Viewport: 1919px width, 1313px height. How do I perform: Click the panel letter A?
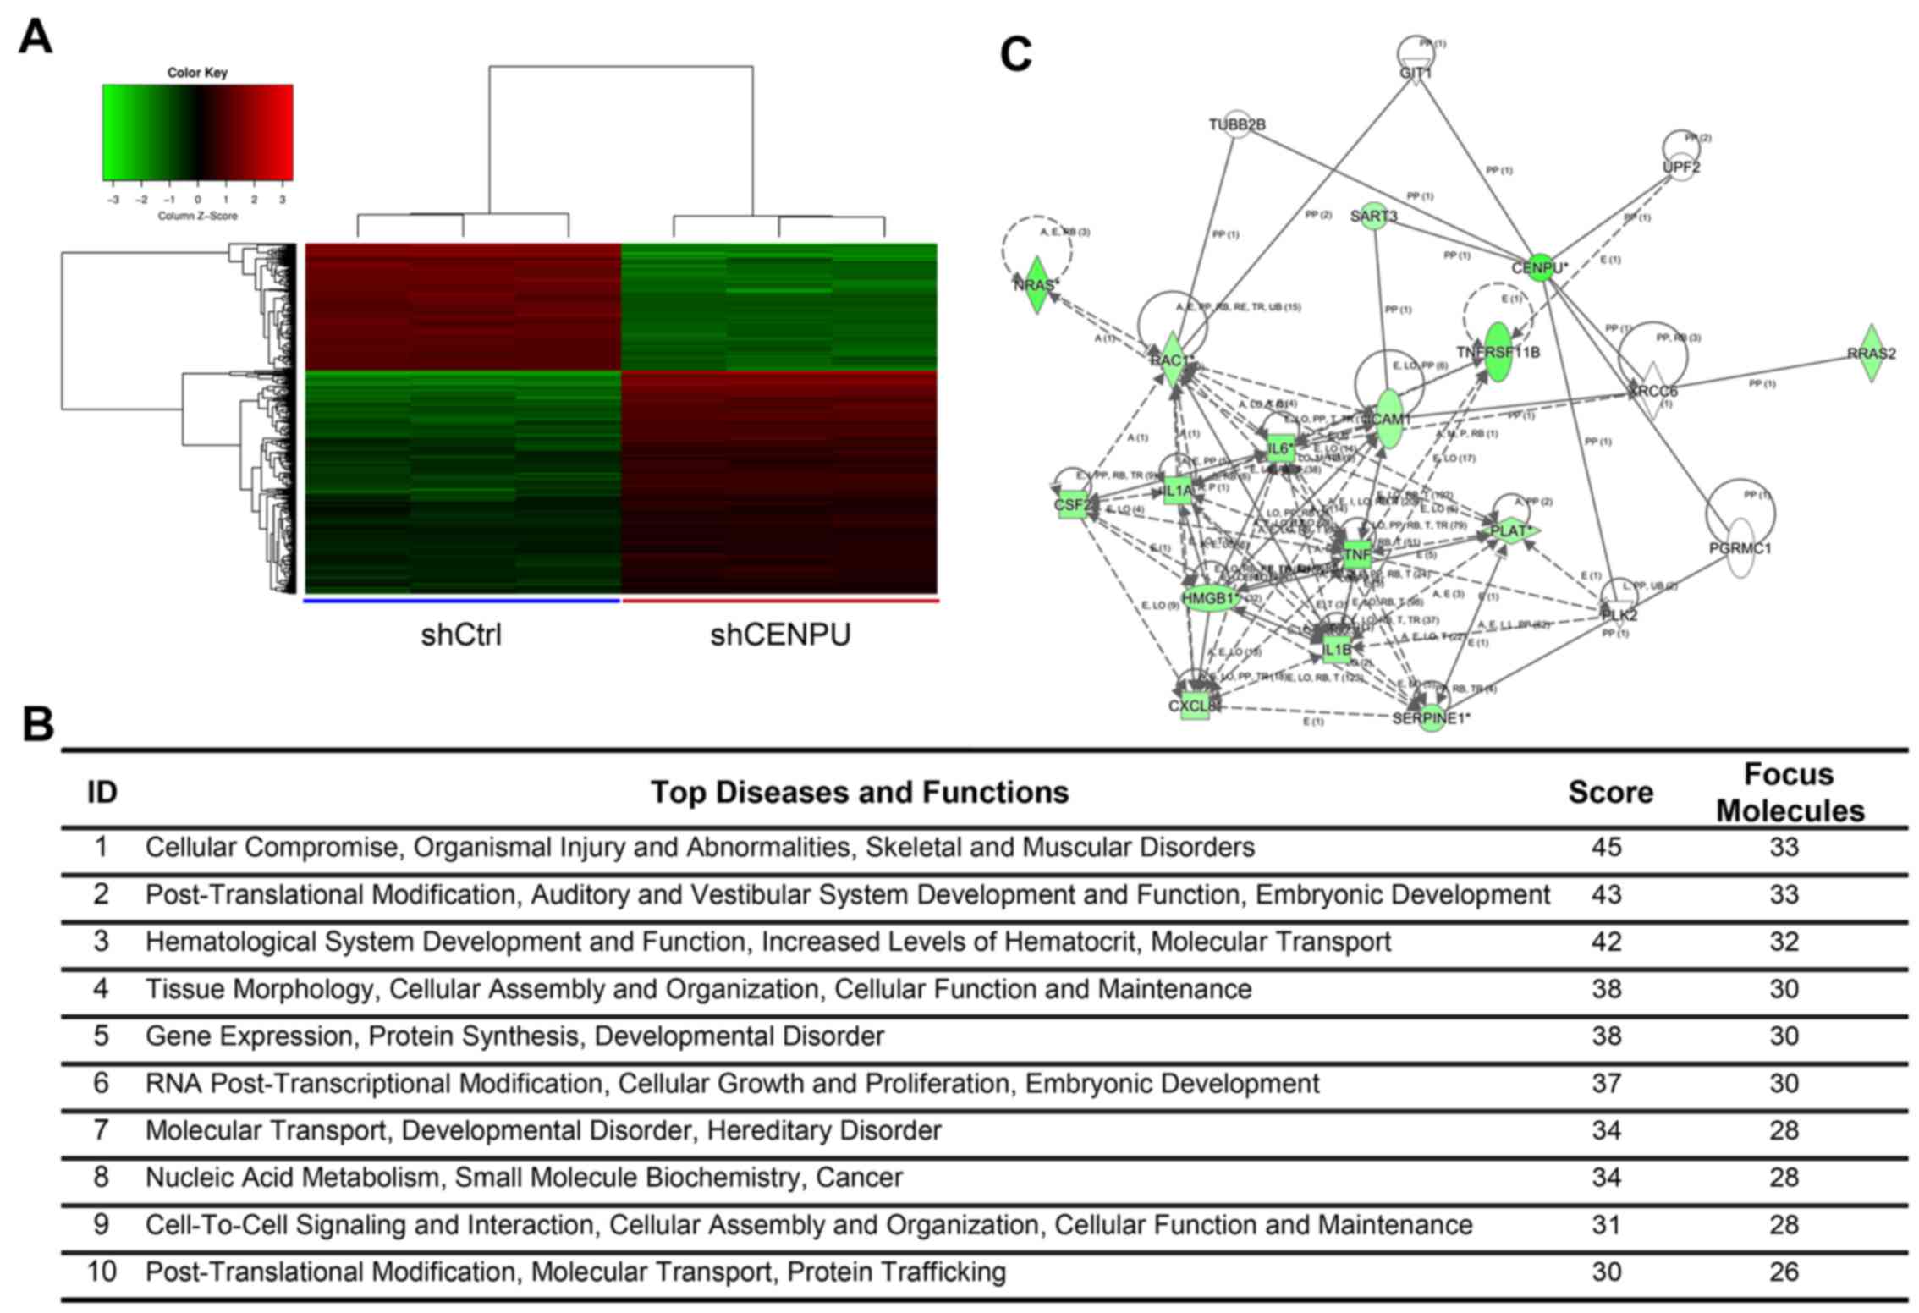[x=35, y=38]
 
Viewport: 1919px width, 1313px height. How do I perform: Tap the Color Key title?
[x=197, y=73]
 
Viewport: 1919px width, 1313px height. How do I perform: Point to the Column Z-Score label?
[x=197, y=217]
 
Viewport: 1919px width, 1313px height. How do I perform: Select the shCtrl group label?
[x=461, y=635]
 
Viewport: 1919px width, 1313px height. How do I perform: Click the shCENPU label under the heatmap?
[x=780, y=635]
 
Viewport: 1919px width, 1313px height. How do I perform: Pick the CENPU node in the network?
[x=1540, y=268]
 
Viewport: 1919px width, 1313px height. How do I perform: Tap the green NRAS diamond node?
[x=1036, y=285]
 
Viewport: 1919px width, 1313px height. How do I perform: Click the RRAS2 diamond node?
[x=1872, y=353]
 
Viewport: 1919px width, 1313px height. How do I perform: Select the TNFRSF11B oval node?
[x=1498, y=351]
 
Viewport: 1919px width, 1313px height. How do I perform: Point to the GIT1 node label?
[x=1416, y=74]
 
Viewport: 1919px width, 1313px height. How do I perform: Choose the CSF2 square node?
[x=1071, y=506]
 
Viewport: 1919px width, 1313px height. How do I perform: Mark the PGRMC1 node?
[x=1740, y=548]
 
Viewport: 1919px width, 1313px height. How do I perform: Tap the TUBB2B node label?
[x=1237, y=125]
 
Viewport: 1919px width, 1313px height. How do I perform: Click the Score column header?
[x=1610, y=793]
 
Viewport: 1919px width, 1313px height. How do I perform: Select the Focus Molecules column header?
[x=1790, y=793]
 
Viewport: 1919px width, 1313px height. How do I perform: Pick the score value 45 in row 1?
[x=1606, y=848]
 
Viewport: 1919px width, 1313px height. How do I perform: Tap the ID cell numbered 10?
[x=102, y=1272]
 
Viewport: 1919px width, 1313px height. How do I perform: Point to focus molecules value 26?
[x=1784, y=1272]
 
